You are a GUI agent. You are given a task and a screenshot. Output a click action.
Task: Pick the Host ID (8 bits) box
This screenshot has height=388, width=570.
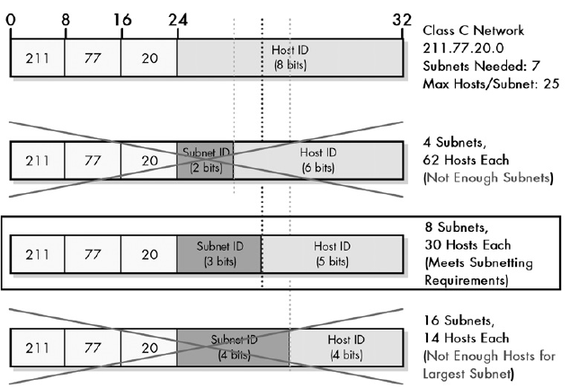(x=290, y=57)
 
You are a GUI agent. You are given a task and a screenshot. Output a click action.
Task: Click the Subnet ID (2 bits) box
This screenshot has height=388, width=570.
(x=206, y=160)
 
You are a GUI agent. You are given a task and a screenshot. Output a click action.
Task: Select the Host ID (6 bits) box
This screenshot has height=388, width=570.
(x=319, y=160)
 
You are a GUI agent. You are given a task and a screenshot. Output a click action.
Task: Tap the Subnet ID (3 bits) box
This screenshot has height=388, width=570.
(x=219, y=252)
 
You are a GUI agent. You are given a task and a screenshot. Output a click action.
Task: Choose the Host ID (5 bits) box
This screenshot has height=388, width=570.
(x=333, y=252)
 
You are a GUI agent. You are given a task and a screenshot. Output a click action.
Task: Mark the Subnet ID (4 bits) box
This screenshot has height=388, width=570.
(x=234, y=346)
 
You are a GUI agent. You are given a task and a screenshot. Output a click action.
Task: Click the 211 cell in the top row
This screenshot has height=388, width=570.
(x=38, y=57)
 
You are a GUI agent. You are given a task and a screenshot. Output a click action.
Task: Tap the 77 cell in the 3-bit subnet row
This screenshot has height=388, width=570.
(x=94, y=252)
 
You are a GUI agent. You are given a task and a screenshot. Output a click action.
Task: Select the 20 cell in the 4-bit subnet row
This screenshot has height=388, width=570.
(x=149, y=346)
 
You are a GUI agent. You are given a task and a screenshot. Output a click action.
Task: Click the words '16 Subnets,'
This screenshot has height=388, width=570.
(x=458, y=320)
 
